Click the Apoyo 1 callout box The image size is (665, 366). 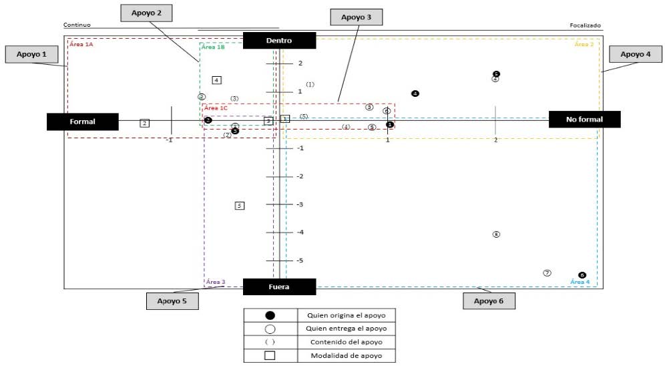tap(31, 54)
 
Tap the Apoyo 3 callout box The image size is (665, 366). tap(357, 17)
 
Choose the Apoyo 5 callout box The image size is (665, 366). tap(172, 301)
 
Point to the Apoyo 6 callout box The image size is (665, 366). tap(489, 301)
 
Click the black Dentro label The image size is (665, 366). tap(278, 41)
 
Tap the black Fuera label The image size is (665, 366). tap(278, 287)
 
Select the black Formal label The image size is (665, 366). tap(82, 122)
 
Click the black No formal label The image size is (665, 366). tap(584, 120)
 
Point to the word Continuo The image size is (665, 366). tap(77, 25)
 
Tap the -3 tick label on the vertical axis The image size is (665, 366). tap(300, 204)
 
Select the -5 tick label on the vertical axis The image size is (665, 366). tap(300, 260)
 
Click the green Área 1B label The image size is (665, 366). tap(212, 47)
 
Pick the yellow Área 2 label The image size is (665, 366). tap(584, 44)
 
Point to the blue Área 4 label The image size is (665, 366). tap(580, 283)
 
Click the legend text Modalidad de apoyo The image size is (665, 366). tap(347, 355)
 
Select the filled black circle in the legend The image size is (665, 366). tap(270, 315)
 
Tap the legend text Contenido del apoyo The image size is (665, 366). tap(346, 342)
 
